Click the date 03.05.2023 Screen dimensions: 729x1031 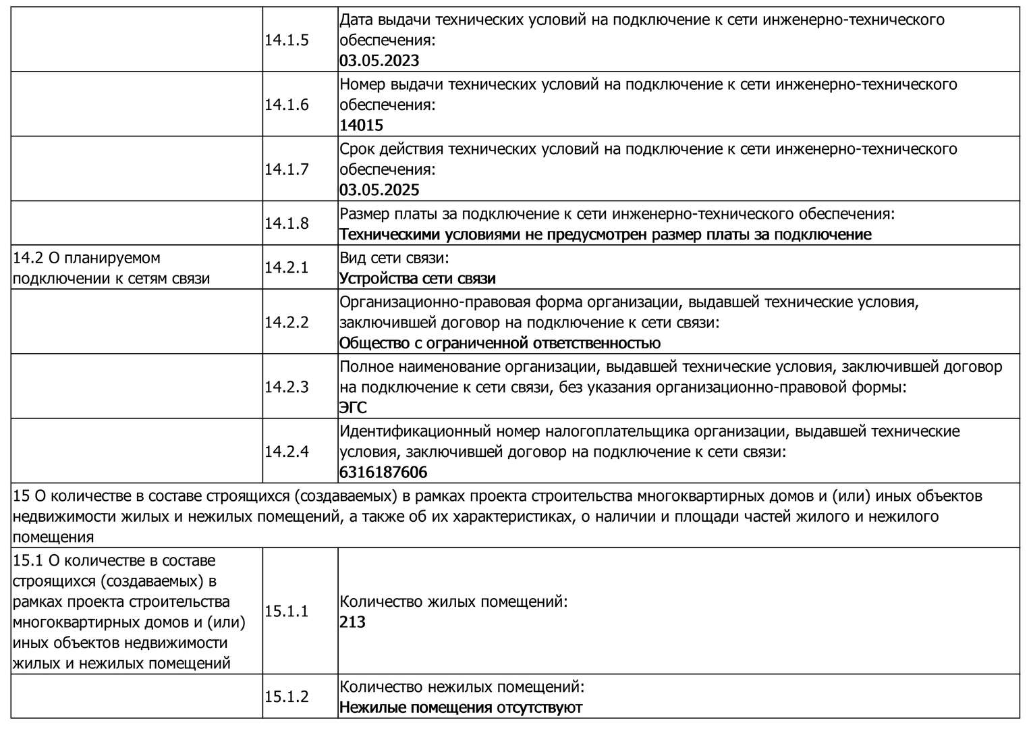[x=379, y=61]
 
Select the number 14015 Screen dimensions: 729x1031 [x=361, y=125]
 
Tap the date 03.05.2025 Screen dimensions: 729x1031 [x=379, y=190]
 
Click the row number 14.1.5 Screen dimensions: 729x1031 [x=287, y=40]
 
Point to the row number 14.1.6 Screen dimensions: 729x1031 [x=287, y=105]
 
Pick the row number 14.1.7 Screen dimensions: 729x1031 [x=287, y=169]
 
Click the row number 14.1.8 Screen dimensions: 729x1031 [x=287, y=223]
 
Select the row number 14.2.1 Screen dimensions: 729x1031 [x=287, y=267]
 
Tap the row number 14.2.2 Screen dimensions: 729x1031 [x=287, y=322]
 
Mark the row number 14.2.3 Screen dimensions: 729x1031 [x=287, y=387]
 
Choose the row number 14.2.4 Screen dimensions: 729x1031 [x=287, y=451]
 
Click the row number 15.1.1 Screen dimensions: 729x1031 [x=287, y=612]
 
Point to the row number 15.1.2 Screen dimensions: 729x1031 [x=287, y=697]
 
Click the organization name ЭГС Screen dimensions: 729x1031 [x=353, y=408]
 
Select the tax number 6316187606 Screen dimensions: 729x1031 [x=383, y=472]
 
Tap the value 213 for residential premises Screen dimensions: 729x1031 [x=352, y=622]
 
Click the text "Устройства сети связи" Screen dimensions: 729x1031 [x=417, y=278]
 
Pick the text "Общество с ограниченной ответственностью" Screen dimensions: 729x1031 [x=499, y=343]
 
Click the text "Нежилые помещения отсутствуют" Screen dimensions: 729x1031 [x=460, y=707]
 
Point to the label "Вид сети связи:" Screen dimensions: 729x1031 [x=394, y=258]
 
